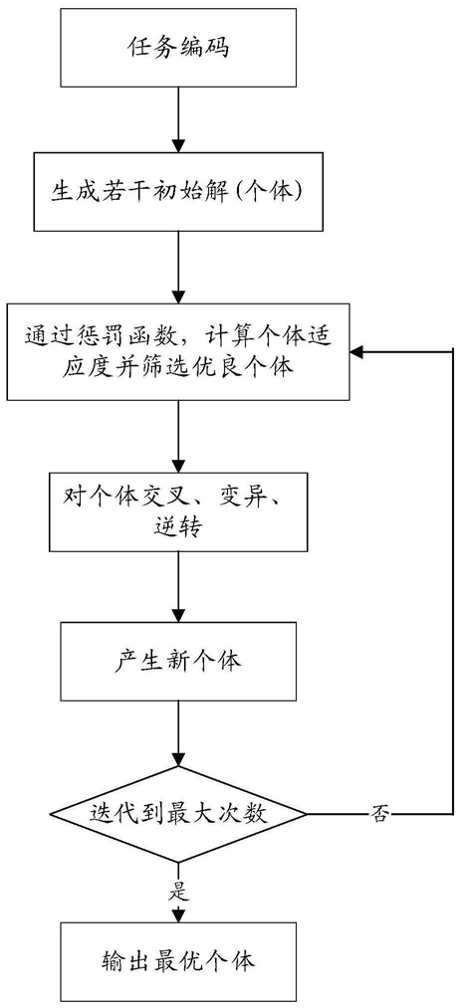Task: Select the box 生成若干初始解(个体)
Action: pyautogui.click(x=178, y=192)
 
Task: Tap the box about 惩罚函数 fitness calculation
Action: pyautogui.click(x=178, y=351)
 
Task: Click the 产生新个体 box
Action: pyautogui.click(x=178, y=661)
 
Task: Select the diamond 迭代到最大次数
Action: pyautogui.click(x=178, y=815)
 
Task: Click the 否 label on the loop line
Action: pyautogui.click(x=377, y=815)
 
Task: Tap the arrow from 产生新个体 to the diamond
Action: pyautogui.click(x=178, y=733)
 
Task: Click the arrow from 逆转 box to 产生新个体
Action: pyautogui.click(x=178, y=586)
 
